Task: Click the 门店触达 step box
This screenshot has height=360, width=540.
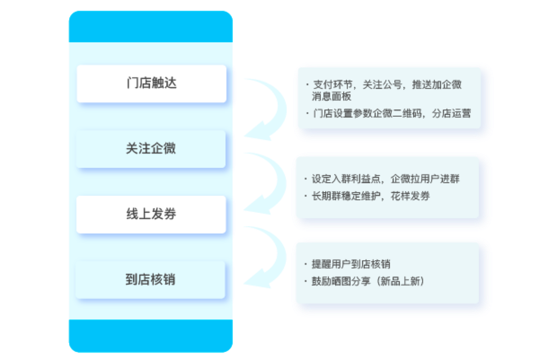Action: [x=152, y=84]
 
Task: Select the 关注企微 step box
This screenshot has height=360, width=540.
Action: [x=151, y=149]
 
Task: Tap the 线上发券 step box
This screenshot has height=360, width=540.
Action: [x=151, y=214]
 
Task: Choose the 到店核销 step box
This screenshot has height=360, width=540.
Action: [x=150, y=280]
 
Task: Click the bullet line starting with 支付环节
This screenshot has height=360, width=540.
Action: [x=384, y=90]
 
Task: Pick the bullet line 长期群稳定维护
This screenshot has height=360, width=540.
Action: [x=367, y=196]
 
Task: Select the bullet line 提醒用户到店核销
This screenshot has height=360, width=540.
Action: [x=347, y=264]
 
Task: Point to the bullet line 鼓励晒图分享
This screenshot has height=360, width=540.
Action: [x=364, y=281]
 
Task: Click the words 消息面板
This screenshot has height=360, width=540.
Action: [x=332, y=96]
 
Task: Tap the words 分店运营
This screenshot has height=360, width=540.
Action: [x=451, y=113]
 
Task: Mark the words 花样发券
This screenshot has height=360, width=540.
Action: [x=410, y=196]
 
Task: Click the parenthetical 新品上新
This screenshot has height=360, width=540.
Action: [x=400, y=281]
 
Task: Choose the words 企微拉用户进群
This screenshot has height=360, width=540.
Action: [x=425, y=179]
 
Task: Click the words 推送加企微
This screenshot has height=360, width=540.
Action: [x=437, y=85]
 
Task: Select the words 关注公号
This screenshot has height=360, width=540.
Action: [x=382, y=85]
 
